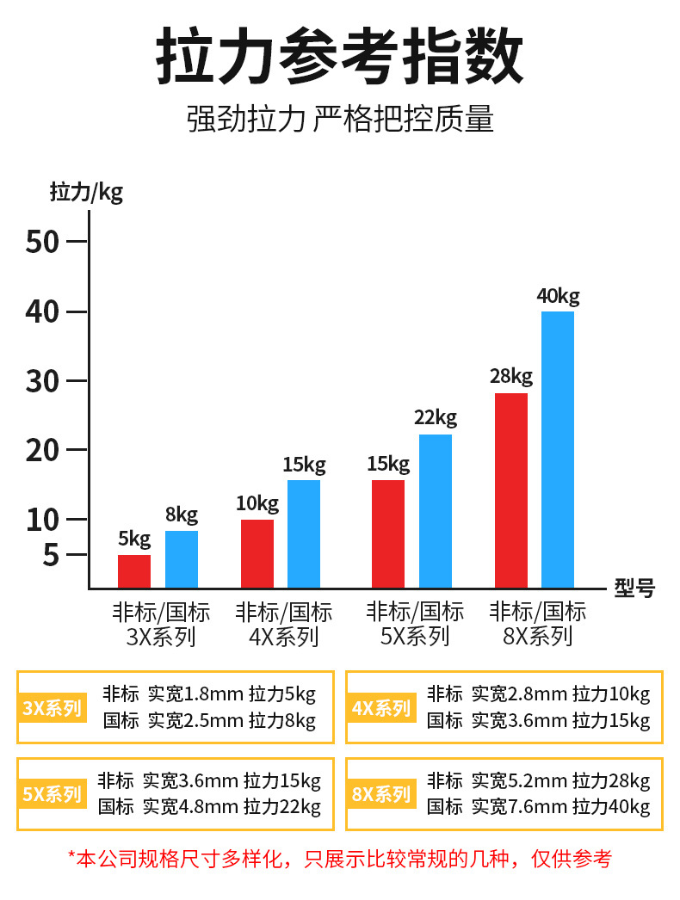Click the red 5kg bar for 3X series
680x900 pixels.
pos(134,571)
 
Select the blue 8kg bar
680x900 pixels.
pos(182,559)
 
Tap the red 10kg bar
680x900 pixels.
pos(257,554)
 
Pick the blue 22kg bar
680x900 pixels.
pos(436,511)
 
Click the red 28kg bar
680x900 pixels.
pos(511,490)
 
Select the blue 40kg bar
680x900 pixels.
pos(558,449)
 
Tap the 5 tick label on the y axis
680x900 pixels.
pos(51,556)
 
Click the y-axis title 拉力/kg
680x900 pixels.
pos(86,191)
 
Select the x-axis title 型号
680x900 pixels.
pos(634,589)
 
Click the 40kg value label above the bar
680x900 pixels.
pos(558,296)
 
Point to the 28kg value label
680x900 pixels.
pos(511,376)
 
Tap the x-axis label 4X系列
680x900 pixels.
pos(284,638)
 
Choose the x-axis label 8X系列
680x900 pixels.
pos(538,638)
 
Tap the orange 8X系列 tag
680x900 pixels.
pos(382,794)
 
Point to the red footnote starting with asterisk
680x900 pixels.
pos(340,858)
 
